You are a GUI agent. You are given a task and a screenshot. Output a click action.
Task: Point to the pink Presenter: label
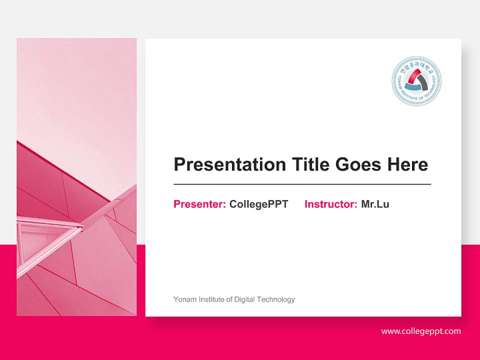pos(199,204)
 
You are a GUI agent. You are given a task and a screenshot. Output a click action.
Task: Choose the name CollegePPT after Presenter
pos(258,204)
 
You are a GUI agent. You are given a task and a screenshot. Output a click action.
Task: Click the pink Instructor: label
pos(330,204)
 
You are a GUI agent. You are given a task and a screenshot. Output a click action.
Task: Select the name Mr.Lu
pos(375,204)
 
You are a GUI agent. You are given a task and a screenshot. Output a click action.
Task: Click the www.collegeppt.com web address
pos(421,331)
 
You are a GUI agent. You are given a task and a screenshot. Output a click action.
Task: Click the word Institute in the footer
pos(210,299)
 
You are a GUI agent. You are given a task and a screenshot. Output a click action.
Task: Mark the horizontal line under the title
pos(302,184)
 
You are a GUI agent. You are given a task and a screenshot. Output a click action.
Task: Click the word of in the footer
pos(229,299)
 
